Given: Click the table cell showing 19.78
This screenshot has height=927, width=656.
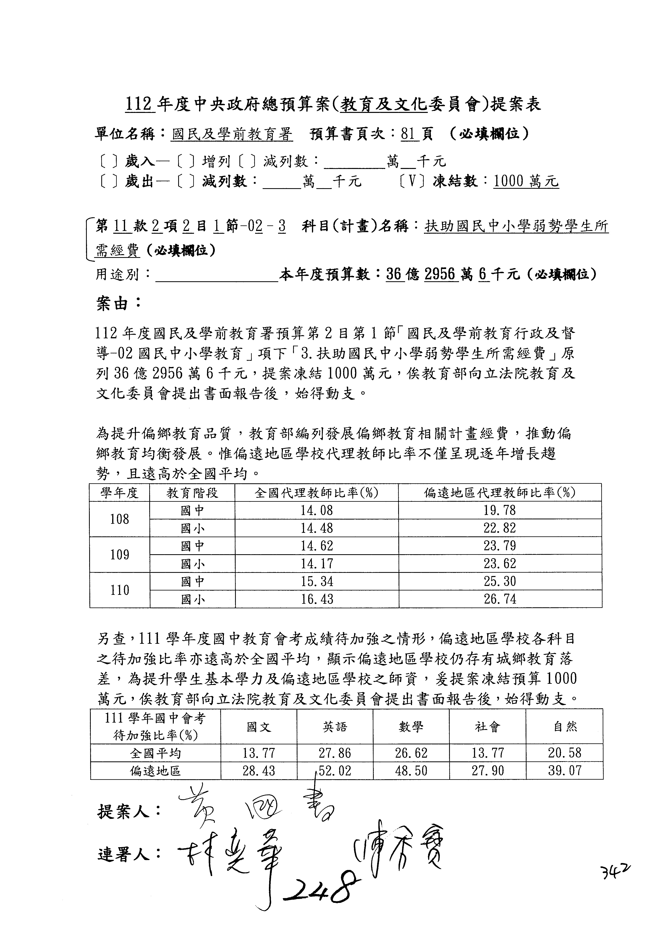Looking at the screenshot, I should (500, 510).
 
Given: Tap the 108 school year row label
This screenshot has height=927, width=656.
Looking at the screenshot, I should (120, 519).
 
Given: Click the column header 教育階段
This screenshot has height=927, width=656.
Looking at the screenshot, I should (192, 493).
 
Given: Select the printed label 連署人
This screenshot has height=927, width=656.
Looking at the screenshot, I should (129, 854).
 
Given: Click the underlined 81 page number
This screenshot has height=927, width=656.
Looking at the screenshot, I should (408, 134).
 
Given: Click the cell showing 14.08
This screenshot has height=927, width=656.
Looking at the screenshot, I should (317, 510).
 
